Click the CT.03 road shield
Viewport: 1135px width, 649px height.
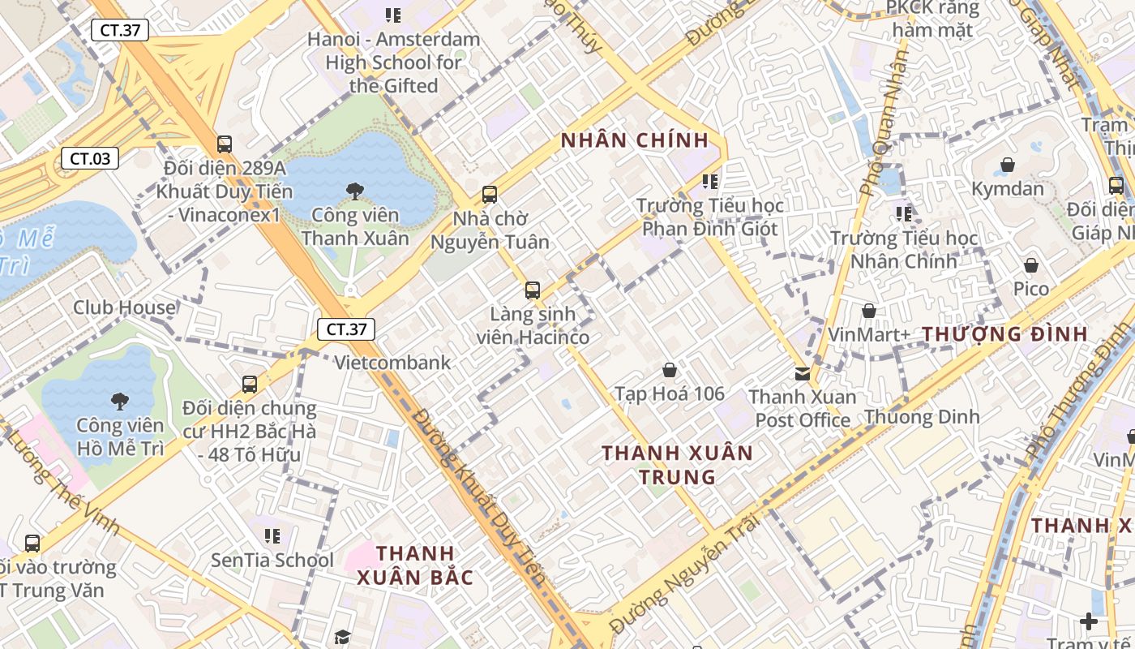[90, 158]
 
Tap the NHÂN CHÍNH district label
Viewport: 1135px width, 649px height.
[635, 140]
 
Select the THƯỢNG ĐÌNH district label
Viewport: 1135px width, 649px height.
[1004, 333]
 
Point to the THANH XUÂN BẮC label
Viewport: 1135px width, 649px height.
[415, 565]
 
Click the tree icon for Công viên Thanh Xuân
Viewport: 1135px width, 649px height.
[354, 191]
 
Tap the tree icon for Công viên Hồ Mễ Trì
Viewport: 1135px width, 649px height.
[120, 401]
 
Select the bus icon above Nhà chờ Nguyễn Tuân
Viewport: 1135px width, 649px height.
[490, 195]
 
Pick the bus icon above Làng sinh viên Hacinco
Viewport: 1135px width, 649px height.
[533, 290]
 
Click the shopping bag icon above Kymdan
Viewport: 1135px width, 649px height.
[1008, 165]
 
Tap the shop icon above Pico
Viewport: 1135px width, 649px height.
[1031, 265]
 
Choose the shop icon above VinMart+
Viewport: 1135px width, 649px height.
[869, 311]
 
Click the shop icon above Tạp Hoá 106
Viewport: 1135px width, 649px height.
[670, 370]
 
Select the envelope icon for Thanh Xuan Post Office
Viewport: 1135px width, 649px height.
[802, 373]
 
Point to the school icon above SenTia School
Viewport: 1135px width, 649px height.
[272, 535]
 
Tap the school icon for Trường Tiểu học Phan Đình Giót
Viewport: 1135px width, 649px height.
[710, 182]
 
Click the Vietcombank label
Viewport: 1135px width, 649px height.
[392, 362]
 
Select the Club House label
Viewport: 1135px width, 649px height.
[124, 307]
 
